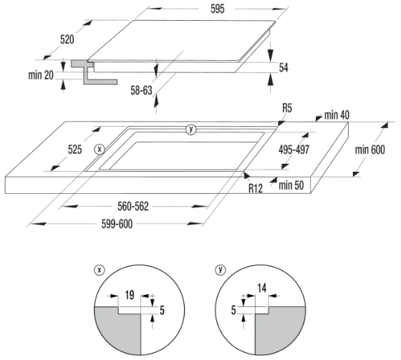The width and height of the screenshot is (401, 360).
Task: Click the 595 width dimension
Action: tap(218, 9)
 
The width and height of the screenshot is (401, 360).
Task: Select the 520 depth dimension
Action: tap(67, 39)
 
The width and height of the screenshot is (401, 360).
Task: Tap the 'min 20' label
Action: tap(41, 75)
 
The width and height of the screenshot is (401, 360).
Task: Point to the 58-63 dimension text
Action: tap(141, 90)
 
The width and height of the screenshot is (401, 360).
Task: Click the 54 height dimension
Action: tap(284, 67)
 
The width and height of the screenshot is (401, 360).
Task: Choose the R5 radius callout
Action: tap(287, 108)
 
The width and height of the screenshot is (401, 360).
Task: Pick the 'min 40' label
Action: tap(337, 115)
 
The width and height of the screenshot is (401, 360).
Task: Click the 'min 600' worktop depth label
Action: tap(369, 150)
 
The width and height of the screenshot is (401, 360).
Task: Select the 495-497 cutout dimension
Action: tap(294, 150)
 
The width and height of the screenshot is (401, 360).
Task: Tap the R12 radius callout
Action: tap(256, 188)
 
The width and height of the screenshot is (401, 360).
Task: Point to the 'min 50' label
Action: tap(291, 185)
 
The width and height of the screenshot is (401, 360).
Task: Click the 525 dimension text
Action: tap(74, 150)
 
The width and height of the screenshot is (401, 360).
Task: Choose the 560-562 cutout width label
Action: tap(133, 206)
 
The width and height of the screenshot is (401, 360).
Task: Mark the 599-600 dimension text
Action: tap(117, 224)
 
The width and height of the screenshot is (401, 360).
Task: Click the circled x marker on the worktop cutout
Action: tap(100, 150)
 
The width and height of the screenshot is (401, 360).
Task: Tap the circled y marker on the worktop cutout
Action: tap(190, 130)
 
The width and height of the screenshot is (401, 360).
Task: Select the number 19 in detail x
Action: tap(130, 295)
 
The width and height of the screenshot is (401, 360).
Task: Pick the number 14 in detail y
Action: tap(261, 288)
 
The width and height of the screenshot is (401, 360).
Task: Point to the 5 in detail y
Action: tap(233, 310)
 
